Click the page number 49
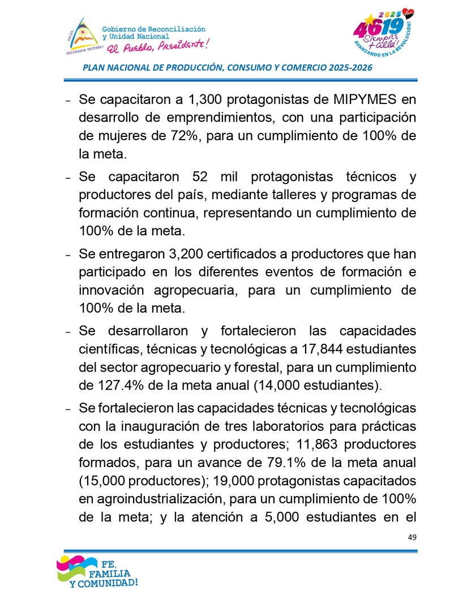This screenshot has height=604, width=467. pos(412,537)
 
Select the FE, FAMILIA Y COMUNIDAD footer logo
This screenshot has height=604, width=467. pos(96,571)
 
